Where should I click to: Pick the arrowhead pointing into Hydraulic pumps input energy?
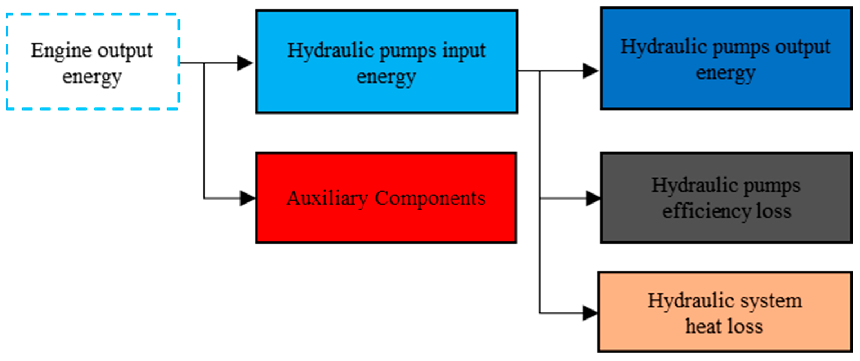pyautogui.click(x=245, y=63)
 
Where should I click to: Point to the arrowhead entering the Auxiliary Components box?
pyautogui.click(x=247, y=198)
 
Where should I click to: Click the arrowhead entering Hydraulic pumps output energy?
pyautogui.click(x=590, y=71)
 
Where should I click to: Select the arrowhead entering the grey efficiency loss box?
pyautogui.click(x=593, y=198)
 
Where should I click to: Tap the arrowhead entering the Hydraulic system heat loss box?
pyautogui.click(x=590, y=313)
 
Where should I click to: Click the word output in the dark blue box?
pyautogui.click(x=803, y=47)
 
